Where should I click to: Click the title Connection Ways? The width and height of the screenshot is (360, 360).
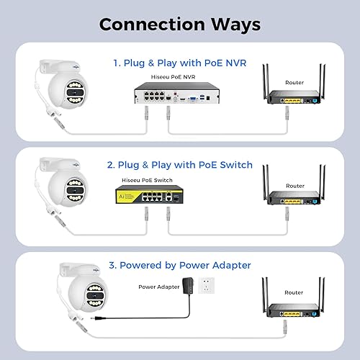click(x=179, y=24)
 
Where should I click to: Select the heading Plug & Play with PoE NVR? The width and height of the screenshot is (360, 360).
click(x=180, y=63)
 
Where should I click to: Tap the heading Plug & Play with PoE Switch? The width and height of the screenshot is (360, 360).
click(x=180, y=165)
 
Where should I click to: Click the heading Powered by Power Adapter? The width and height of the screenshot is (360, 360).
click(x=180, y=266)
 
